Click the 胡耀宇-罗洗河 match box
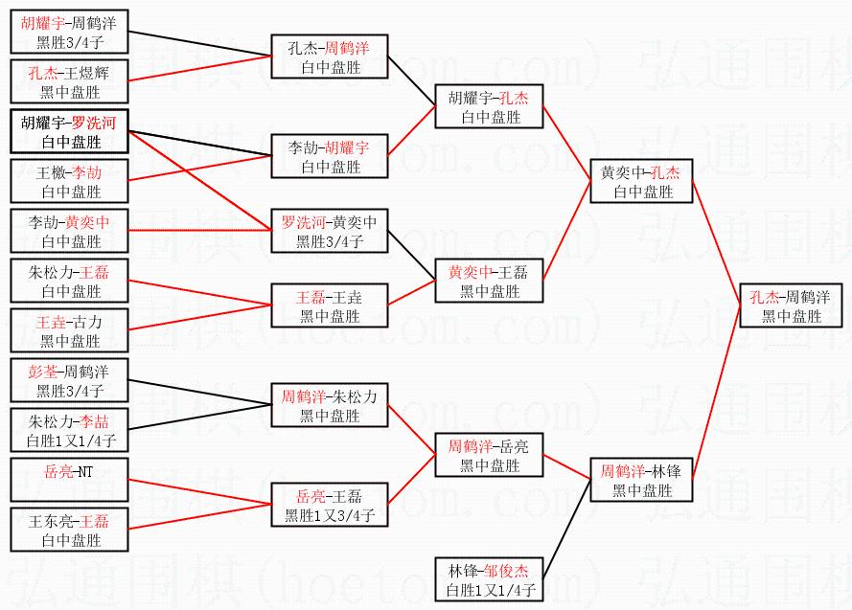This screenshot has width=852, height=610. tap(69, 131)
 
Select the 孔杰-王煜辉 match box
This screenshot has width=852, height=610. tap(69, 81)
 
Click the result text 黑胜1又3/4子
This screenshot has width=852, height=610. tap(330, 515)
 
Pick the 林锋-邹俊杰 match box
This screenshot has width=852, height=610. tap(490, 579)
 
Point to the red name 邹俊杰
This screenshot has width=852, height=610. tap(506, 571)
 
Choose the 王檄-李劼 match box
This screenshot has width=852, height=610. tap(69, 181)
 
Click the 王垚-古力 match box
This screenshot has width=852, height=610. tap(69, 330)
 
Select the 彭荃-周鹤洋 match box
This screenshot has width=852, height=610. tap(69, 380)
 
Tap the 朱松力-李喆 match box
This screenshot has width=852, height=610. tap(69, 430)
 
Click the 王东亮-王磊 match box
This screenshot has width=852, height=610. tap(69, 530)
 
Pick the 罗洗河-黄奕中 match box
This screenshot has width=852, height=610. tap(330, 231)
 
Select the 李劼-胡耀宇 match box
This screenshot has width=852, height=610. tap(330, 156)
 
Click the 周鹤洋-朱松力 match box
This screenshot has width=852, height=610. tap(330, 405)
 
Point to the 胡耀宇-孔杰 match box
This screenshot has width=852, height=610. tap(490, 106)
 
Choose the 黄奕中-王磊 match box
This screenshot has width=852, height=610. tap(490, 281)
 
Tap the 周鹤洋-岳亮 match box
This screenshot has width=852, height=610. tap(490, 455)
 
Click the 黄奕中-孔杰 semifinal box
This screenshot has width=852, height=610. tap(642, 181)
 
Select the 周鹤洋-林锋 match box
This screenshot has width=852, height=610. tap(642, 480)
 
